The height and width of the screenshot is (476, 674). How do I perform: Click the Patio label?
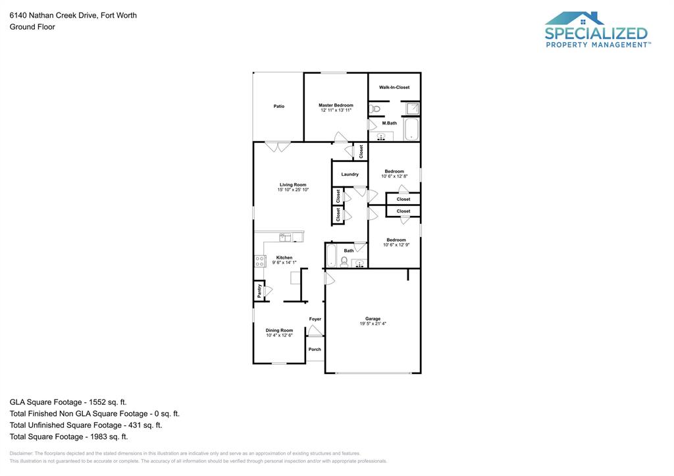tap(279, 106)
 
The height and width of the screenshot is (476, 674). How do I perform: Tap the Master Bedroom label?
tap(336, 105)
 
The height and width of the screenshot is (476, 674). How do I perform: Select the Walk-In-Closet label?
tap(394, 88)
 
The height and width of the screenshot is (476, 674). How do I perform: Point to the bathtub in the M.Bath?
tap(411, 129)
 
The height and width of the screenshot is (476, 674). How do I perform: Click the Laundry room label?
tap(350, 174)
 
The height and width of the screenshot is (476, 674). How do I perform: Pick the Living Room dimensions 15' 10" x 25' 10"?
tap(293, 190)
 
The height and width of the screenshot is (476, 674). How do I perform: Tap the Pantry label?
tap(259, 290)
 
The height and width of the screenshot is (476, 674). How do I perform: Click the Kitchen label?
tap(284, 257)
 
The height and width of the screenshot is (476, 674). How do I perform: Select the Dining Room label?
tap(279, 331)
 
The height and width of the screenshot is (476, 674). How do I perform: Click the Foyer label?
tap(315, 319)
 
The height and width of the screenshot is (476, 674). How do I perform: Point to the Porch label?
tap(315, 350)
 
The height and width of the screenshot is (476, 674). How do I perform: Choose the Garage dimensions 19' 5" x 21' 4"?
tap(373, 324)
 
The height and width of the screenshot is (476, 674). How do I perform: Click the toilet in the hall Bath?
tap(344, 261)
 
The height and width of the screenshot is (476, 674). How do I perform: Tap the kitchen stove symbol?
tap(260, 261)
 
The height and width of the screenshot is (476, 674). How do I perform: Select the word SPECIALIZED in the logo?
tap(596, 34)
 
